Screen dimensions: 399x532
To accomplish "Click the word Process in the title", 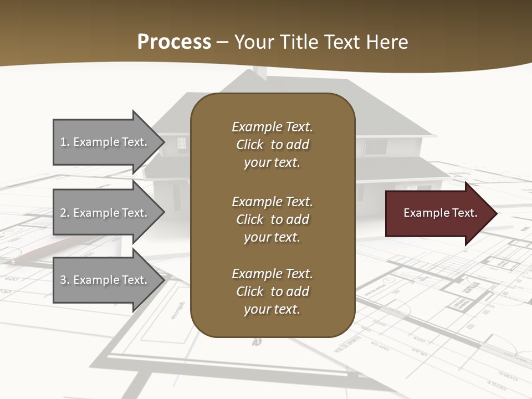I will point(174,42).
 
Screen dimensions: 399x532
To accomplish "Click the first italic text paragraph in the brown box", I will point(272,145).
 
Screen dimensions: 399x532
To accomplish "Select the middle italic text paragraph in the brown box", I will point(272,219).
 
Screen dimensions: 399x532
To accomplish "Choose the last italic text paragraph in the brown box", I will point(272,291).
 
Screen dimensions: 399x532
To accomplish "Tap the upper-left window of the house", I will point(182,144).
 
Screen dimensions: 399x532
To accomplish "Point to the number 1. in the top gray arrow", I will point(65,142).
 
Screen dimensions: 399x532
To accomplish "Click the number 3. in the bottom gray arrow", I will point(65,280).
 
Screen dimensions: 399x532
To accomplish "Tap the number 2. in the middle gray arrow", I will point(65,213).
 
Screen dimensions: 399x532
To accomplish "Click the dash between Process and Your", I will point(223,42).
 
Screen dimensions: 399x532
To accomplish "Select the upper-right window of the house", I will point(375,147).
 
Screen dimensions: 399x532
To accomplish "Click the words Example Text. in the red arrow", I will point(440,213).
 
